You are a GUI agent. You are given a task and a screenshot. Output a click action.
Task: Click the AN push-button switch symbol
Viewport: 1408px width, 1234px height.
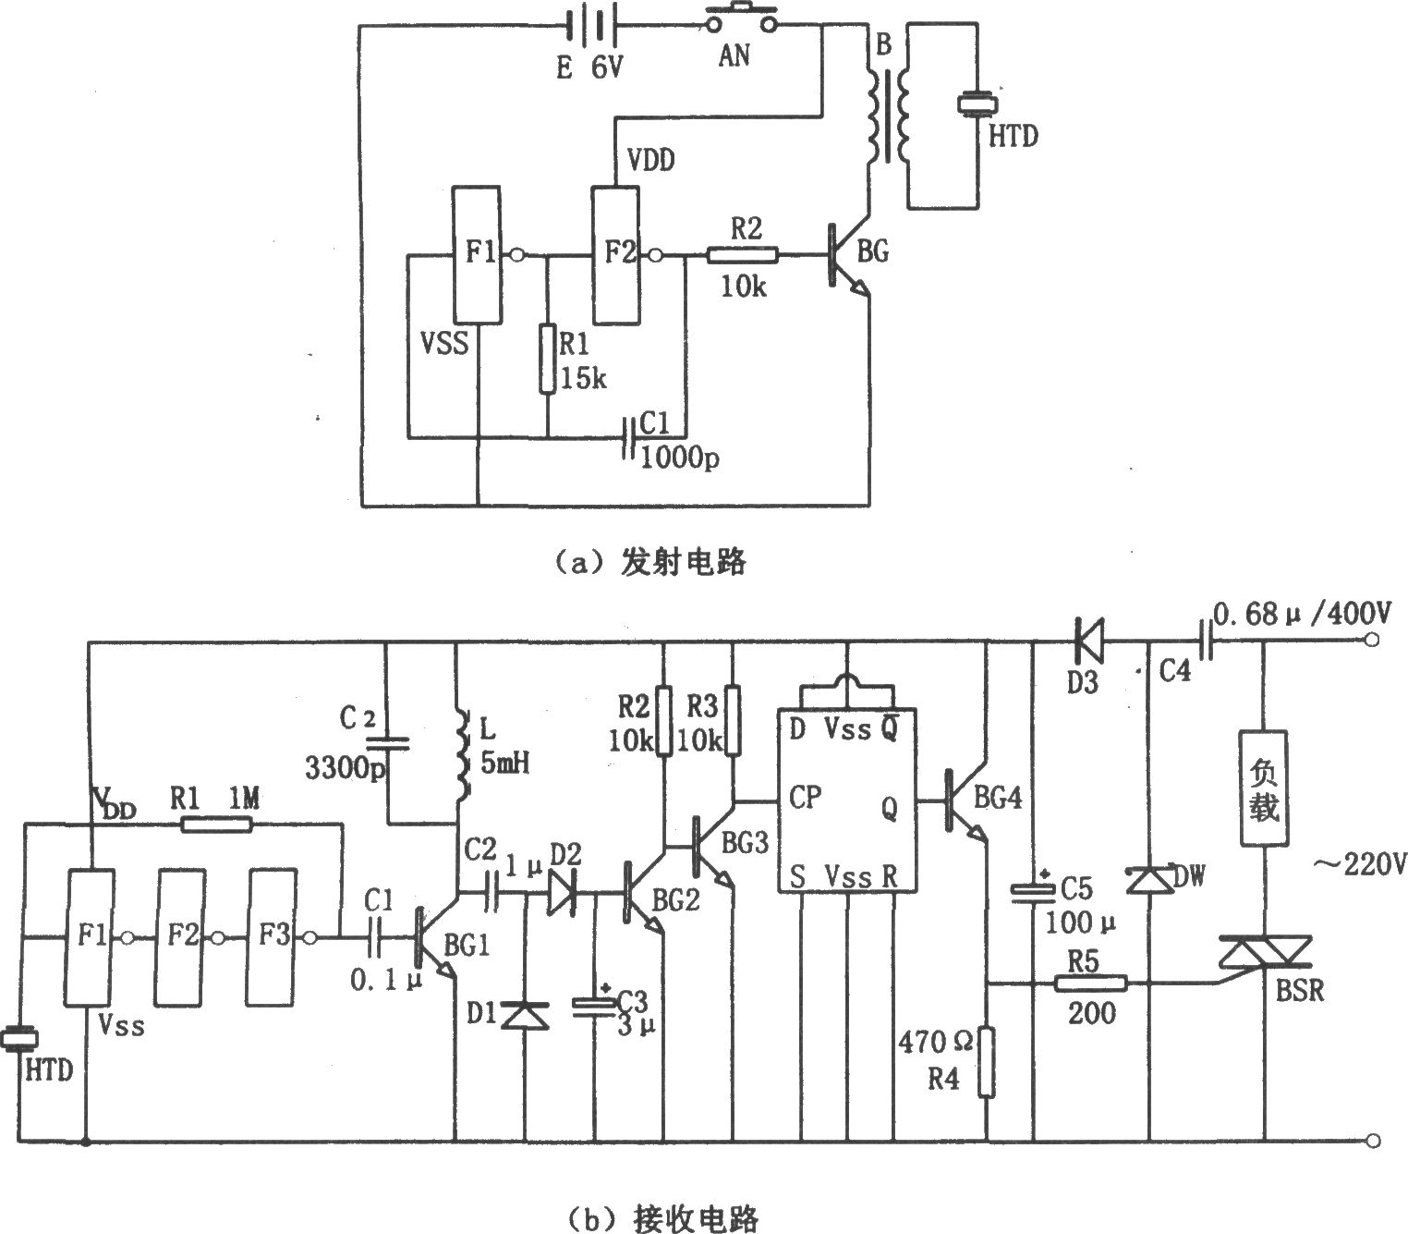coord(741,18)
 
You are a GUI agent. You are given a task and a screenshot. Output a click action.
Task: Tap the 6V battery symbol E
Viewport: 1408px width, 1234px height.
coord(591,27)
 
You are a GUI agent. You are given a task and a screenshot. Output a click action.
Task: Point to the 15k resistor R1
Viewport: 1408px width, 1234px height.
coord(548,359)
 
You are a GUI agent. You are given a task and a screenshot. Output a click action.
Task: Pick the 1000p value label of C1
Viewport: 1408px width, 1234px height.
coord(679,458)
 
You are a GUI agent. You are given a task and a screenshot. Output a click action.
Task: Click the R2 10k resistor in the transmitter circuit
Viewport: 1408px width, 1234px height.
coord(742,257)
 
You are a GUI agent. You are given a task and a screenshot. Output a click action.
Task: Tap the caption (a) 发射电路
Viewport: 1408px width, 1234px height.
coord(649,562)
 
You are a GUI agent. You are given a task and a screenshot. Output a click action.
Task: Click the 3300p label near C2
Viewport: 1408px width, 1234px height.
coord(346,768)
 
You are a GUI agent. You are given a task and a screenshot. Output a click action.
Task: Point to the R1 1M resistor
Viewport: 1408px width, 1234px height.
coord(216,825)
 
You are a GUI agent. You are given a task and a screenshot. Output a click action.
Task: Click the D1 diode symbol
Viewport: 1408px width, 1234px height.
coord(525,1014)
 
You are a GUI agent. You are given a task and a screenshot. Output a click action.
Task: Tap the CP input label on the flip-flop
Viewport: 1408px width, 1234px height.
coord(805,798)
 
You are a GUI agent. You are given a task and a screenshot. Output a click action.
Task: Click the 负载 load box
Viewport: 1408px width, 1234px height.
coord(1264,787)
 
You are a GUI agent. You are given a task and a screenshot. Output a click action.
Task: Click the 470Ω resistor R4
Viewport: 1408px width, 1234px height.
coord(986,1061)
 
